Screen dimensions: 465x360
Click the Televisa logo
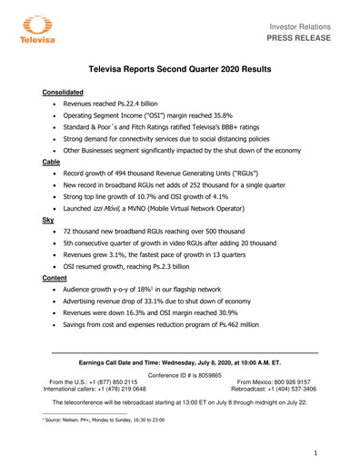(34, 31)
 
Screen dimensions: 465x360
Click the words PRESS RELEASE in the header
(306, 40)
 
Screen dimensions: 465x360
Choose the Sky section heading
(48, 220)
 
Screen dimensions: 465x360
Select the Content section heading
(55, 277)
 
